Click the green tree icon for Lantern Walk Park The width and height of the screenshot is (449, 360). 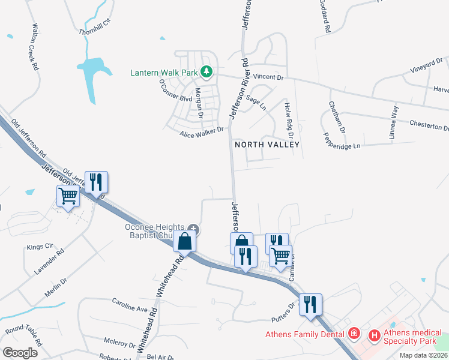[x=206, y=73]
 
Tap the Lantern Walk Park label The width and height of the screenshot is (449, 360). [x=164, y=73]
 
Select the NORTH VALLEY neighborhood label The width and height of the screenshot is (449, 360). [x=267, y=145]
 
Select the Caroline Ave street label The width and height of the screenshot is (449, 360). [x=130, y=304]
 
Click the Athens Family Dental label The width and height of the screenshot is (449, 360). [x=306, y=334]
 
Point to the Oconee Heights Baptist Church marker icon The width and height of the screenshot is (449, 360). [x=193, y=228]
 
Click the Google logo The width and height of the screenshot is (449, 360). [x=20, y=353]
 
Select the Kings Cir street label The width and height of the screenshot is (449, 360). [x=40, y=247]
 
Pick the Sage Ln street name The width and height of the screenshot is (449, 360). [x=256, y=102]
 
